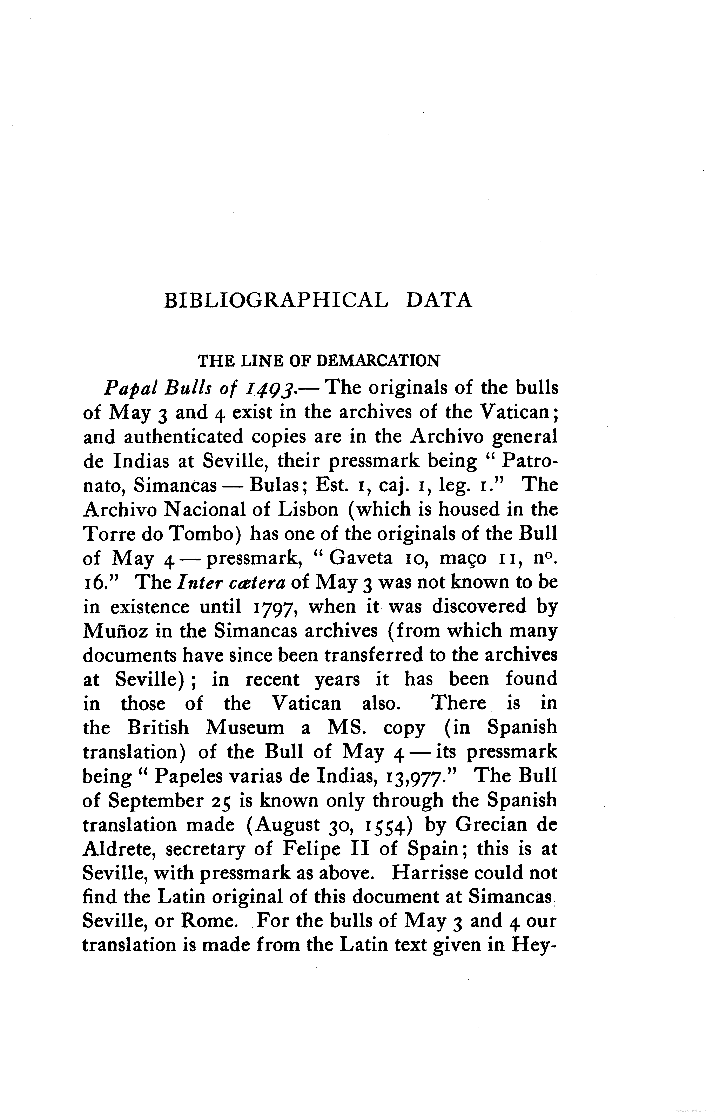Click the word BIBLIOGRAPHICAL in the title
click(x=276, y=301)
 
